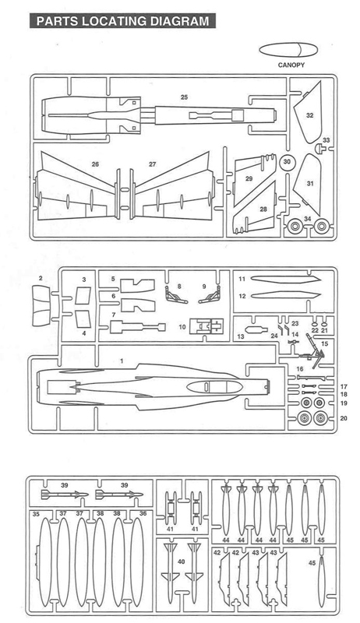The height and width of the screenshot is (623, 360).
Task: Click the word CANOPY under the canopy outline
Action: (x=291, y=65)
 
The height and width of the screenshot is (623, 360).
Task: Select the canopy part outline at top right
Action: (x=288, y=51)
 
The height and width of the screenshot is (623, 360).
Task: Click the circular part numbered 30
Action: (x=288, y=162)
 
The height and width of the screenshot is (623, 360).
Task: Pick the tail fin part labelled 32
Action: (x=309, y=113)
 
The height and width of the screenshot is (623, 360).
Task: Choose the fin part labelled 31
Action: (x=307, y=184)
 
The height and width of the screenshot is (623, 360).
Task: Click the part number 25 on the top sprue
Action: (x=184, y=97)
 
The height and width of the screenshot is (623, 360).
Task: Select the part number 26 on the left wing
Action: (x=95, y=164)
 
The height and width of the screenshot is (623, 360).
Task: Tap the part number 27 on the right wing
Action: (x=153, y=164)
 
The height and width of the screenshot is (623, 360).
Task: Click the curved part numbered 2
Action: (x=41, y=307)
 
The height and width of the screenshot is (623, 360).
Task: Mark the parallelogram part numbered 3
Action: (x=83, y=296)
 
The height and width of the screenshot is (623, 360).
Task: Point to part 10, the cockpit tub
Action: (x=206, y=326)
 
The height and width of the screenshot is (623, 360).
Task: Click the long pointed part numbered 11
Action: (x=286, y=280)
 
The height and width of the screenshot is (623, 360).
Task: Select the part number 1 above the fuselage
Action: (x=122, y=361)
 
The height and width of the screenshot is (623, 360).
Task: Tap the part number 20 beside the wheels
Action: (x=344, y=418)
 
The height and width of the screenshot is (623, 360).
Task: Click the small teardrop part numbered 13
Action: (x=255, y=329)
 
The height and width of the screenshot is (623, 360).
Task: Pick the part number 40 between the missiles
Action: (x=182, y=561)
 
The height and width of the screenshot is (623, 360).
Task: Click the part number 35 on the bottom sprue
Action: (x=36, y=514)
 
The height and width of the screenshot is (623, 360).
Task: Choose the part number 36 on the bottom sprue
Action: (x=143, y=513)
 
